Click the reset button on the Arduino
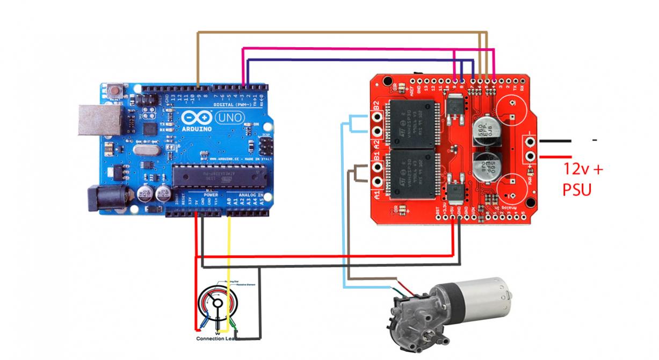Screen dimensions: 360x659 (114, 89)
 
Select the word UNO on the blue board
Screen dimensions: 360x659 (230, 117)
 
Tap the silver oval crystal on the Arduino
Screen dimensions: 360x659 (143, 153)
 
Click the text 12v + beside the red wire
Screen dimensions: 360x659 (583, 169)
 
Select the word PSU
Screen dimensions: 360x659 (577, 189)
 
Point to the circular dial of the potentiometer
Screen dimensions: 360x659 (217, 304)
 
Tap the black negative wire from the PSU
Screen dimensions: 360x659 (555, 141)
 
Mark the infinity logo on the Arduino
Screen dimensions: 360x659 (192, 118)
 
